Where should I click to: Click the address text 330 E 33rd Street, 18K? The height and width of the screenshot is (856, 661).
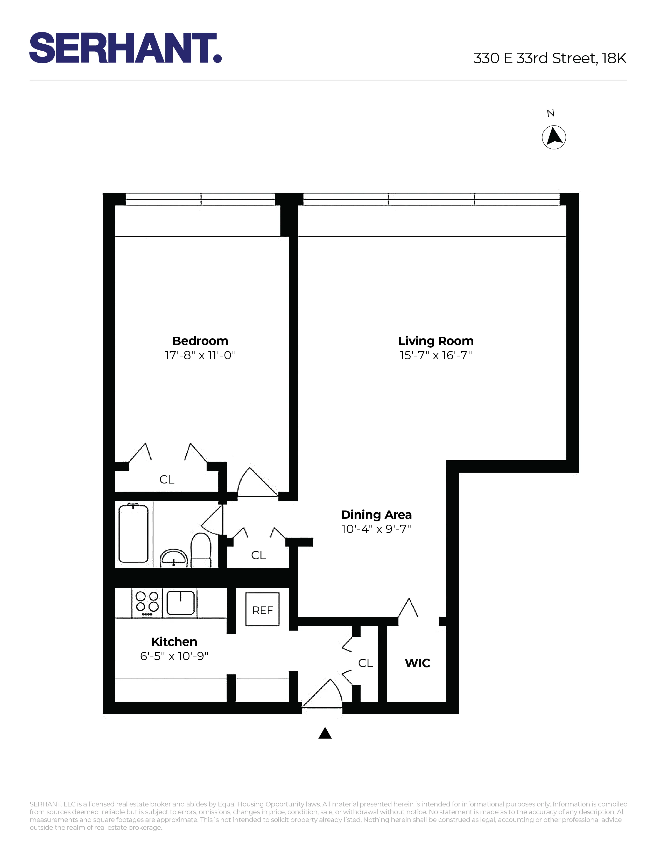click(x=550, y=58)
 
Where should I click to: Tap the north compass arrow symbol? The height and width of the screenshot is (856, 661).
click(x=554, y=137)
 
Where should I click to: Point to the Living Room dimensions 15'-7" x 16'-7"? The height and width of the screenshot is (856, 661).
click(x=435, y=355)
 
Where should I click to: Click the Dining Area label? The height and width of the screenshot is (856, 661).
click(x=376, y=515)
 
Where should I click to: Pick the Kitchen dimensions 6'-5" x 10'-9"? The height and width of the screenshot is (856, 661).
click(x=174, y=656)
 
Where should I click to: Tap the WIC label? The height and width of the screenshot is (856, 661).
click(x=417, y=663)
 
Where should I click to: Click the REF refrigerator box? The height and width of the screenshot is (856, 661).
click(x=262, y=611)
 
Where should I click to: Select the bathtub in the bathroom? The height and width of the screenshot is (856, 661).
click(x=133, y=534)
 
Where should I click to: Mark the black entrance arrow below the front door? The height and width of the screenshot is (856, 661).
click(x=325, y=733)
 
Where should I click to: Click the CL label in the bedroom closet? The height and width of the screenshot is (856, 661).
click(x=167, y=479)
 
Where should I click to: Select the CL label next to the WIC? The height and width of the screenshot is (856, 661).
click(x=365, y=663)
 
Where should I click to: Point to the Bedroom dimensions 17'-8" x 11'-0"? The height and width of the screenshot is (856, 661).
click(x=200, y=355)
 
